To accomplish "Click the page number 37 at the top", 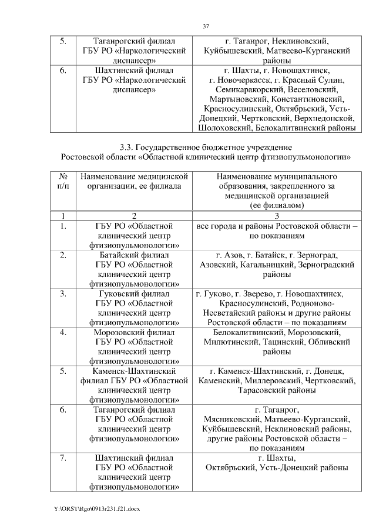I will coord(206,26).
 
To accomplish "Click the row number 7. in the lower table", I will coord(63,458).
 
